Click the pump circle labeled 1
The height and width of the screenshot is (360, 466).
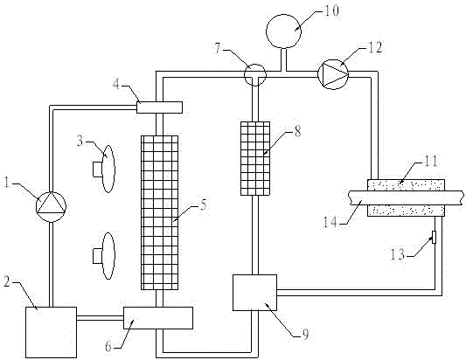[51, 207]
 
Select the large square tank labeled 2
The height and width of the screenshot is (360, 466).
[51, 332]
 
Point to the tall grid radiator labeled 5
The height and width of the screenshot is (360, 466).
[159, 212]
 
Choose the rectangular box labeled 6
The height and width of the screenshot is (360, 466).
[158, 318]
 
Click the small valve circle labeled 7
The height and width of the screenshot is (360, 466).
[255, 74]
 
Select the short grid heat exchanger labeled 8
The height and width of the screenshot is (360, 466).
[255, 158]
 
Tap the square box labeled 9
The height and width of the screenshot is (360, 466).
[254, 293]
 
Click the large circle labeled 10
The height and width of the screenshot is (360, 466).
[283, 31]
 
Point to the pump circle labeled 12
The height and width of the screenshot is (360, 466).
[333, 74]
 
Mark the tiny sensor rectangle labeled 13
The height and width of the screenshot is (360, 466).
[434, 237]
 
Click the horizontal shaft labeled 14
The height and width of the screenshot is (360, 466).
[406, 197]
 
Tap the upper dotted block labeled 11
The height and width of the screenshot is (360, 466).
[406, 185]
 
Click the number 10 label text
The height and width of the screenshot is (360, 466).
[331, 10]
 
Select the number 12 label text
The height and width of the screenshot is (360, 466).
[375, 47]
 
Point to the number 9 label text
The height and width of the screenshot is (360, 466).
[305, 335]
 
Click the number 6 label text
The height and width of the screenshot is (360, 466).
[108, 346]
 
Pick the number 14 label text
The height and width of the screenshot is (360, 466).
[330, 222]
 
